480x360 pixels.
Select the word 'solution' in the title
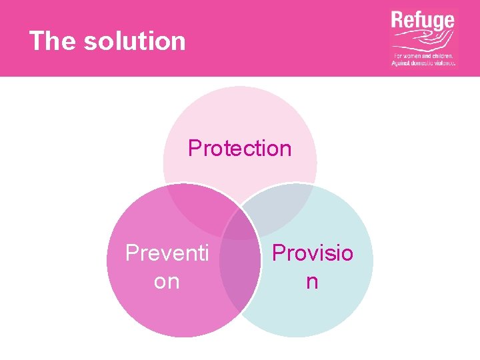coord(135,41)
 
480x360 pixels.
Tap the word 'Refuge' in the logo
coord(423,21)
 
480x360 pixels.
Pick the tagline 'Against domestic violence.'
coord(424,63)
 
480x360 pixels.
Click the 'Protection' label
coord(240,148)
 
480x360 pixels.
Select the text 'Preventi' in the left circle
coord(167,254)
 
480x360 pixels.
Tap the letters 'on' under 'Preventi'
coord(167,281)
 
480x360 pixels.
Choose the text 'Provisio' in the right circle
coord(313,253)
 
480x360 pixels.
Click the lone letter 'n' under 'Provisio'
coord(312,281)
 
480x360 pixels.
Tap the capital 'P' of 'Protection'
coord(195,148)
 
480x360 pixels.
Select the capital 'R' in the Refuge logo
coord(398,21)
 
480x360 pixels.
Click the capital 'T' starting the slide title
coord(37,41)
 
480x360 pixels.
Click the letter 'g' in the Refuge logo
coord(435,24)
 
